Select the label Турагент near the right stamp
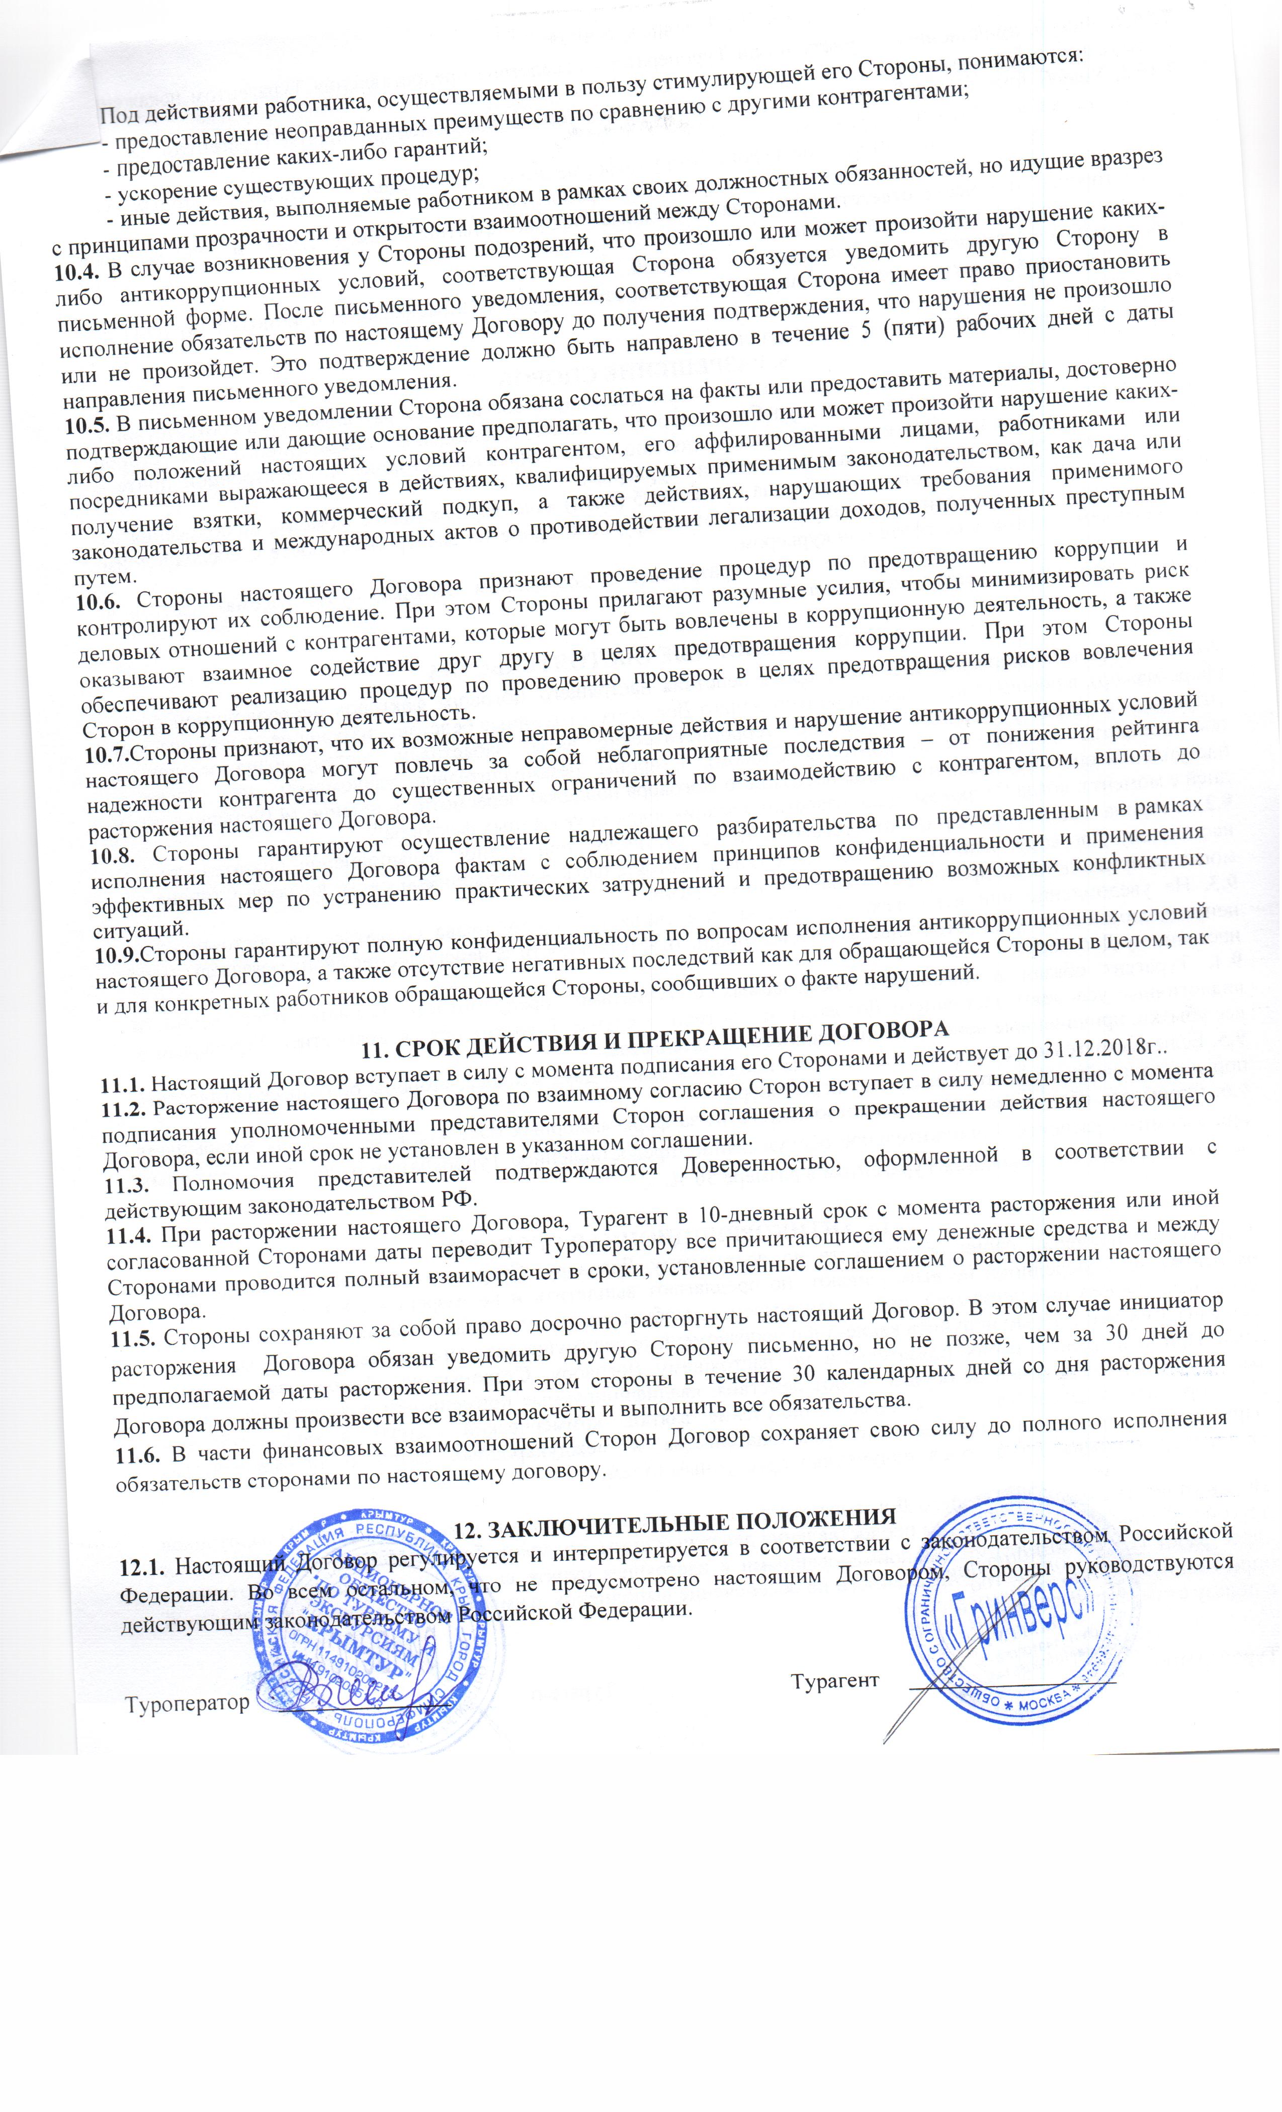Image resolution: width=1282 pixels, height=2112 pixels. [x=835, y=1680]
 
